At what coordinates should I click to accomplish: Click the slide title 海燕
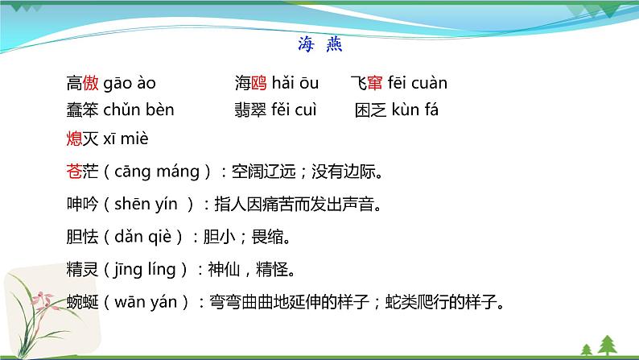pos(319,45)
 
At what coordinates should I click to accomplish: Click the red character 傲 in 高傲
pos(91,83)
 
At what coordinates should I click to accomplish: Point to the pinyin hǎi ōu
pos(295,83)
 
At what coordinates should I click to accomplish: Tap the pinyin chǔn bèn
pos(138,110)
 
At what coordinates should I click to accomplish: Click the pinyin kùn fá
pos(415,110)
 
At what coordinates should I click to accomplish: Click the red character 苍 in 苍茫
pos(75,171)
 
